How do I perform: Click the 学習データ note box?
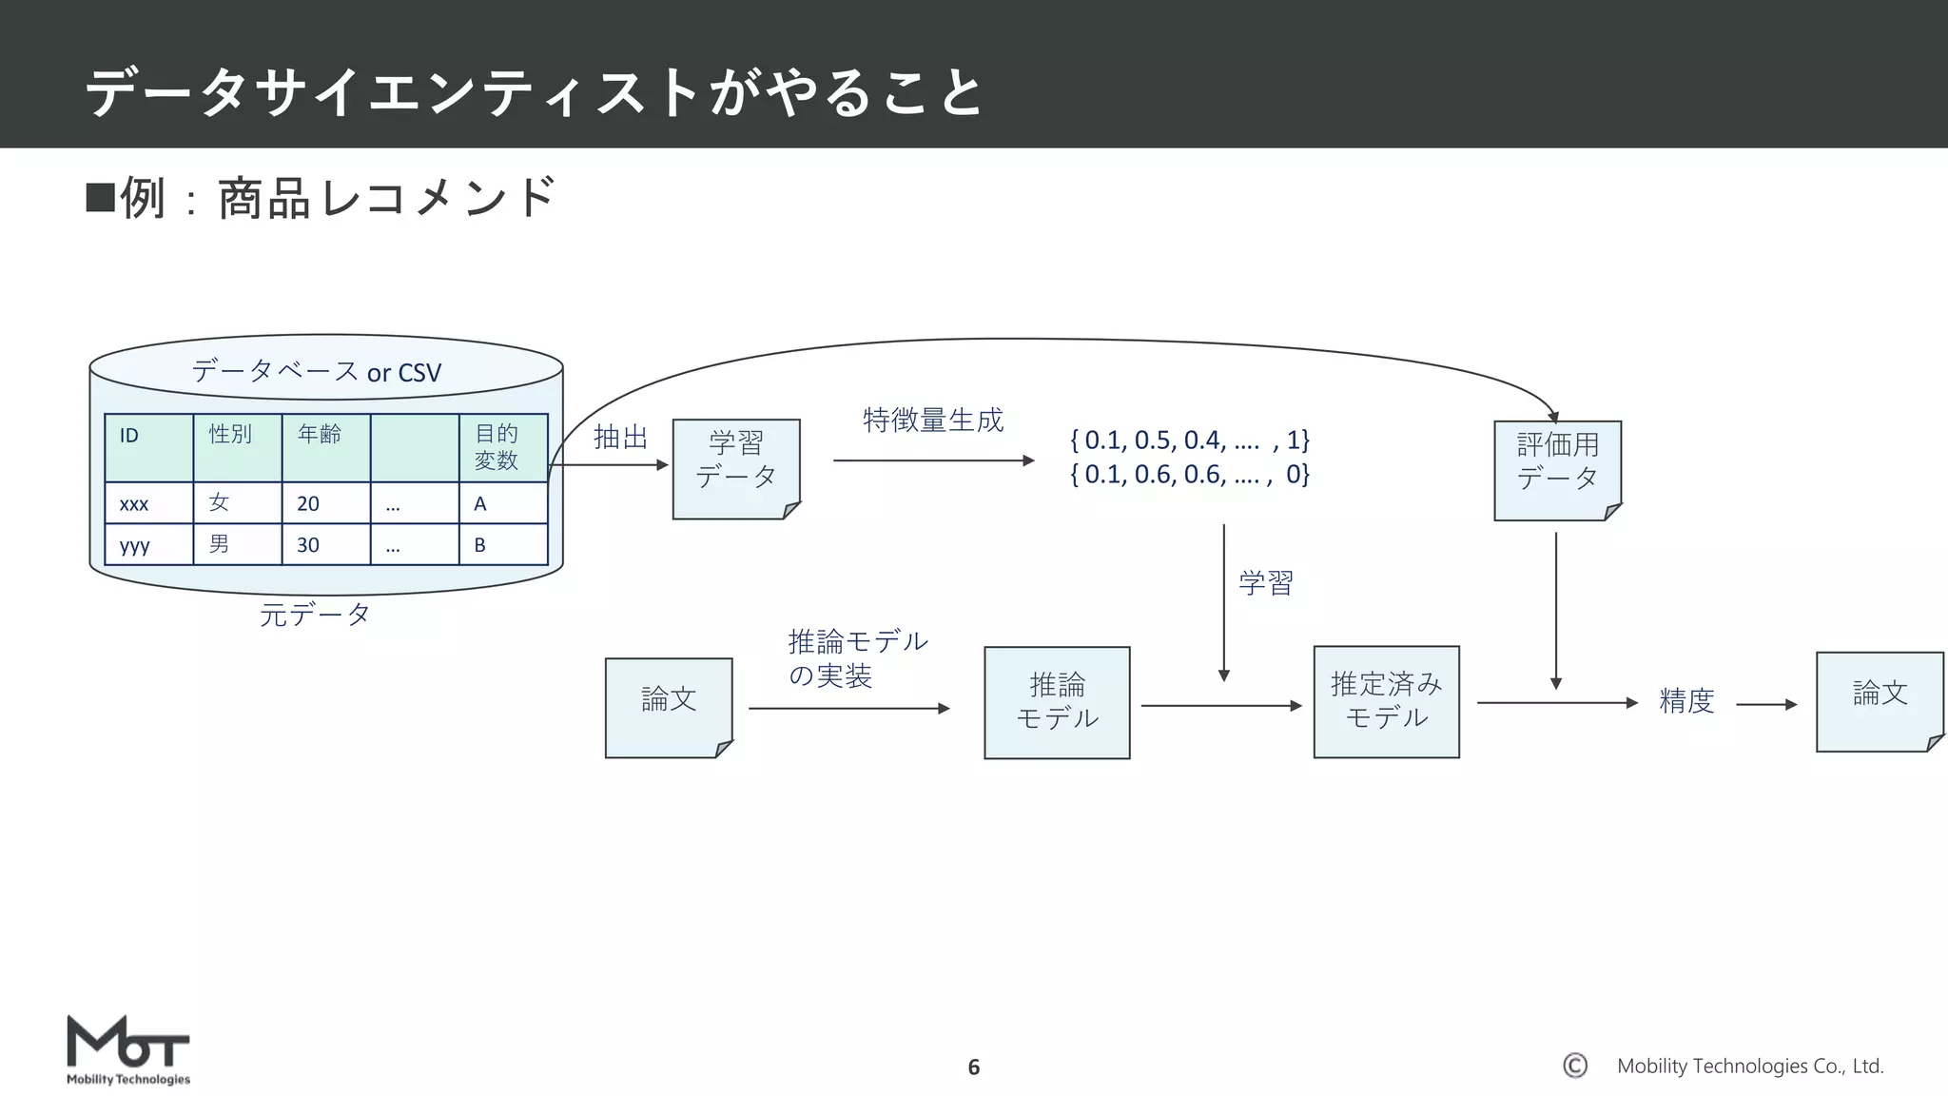[735, 469]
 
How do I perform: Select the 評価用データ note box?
[1557, 471]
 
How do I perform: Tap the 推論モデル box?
[1057, 702]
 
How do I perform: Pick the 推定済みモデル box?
[1386, 701]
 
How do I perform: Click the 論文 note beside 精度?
[1879, 701]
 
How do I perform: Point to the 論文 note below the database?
[669, 707]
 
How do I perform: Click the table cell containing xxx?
[148, 503]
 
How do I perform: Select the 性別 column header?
[237, 446]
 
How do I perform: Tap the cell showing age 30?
[325, 545]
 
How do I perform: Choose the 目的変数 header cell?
[502, 447]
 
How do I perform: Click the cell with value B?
[502, 545]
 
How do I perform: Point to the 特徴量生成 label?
[933, 420]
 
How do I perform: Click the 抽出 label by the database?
[620, 437]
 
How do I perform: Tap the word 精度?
[1686, 701]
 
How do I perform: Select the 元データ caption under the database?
[315, 615]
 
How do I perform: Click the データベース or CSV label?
[317, 371]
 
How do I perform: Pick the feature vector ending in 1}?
[1189, 440]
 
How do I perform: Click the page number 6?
[973, 1067]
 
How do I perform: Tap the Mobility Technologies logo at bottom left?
[128, 1050]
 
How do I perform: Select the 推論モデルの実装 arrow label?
[857, 658]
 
